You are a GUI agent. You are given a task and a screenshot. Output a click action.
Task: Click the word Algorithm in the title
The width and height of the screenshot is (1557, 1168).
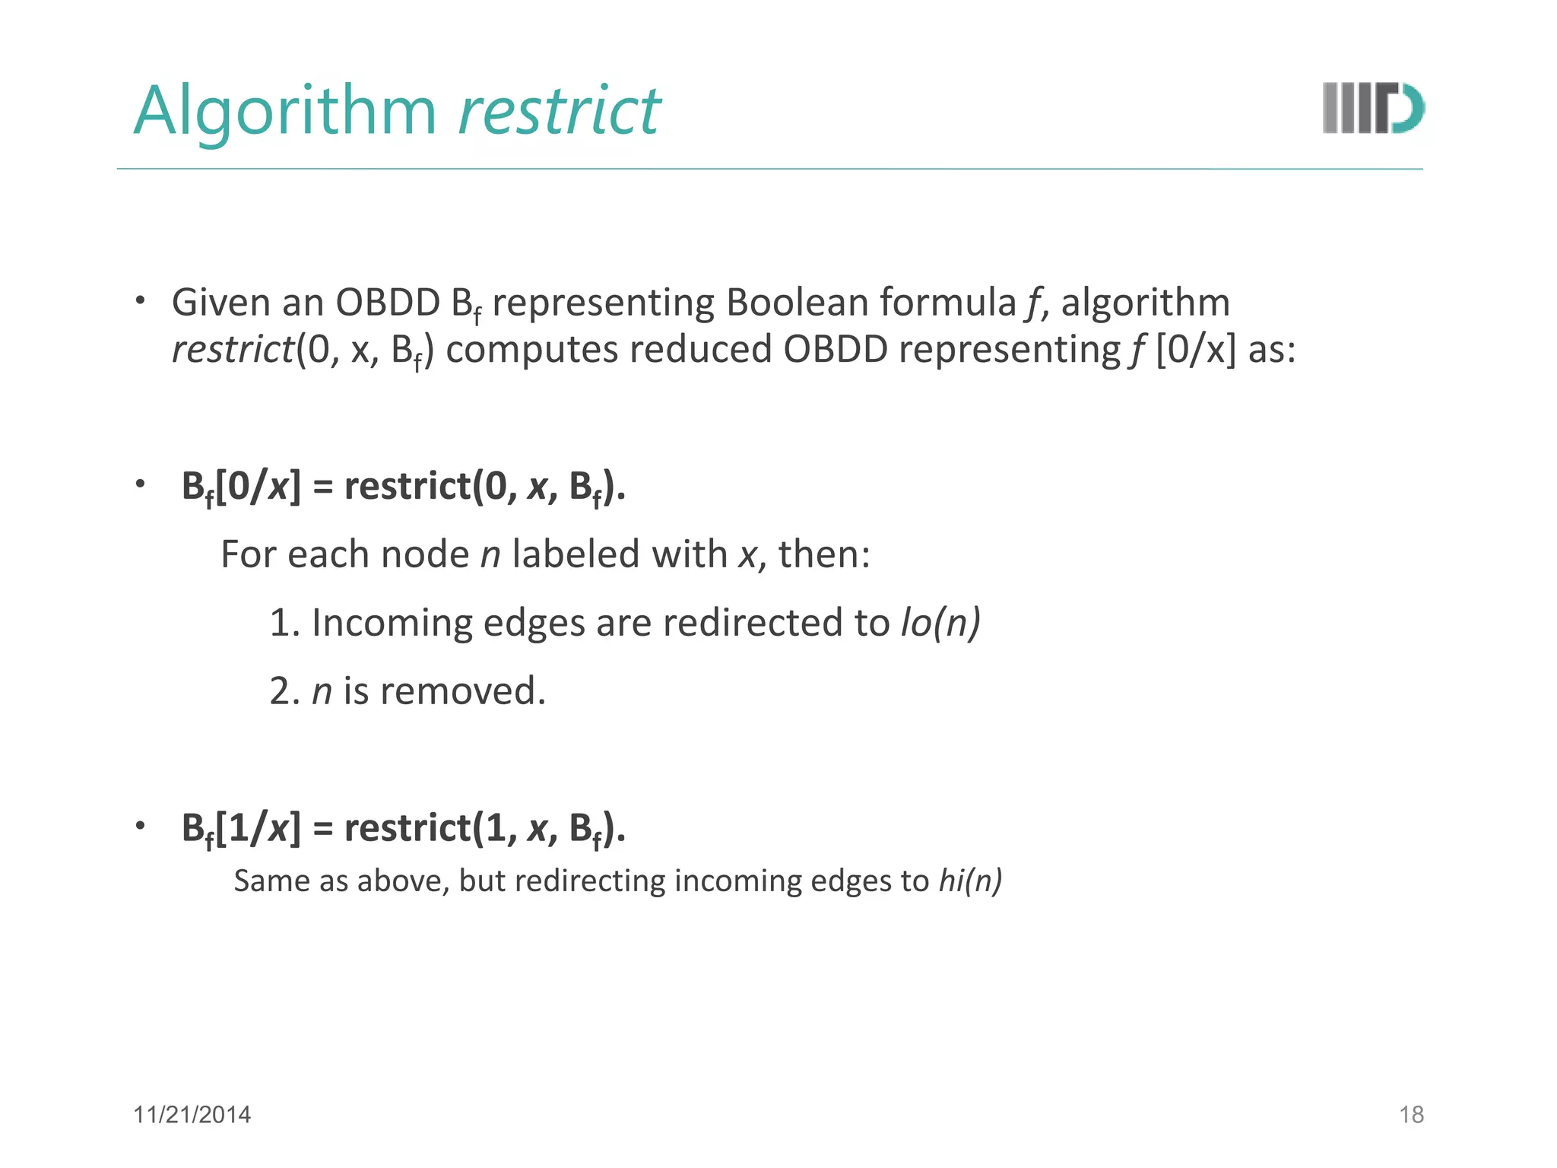pos(285,111)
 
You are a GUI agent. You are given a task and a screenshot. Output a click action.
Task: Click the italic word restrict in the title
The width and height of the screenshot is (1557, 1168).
pos(559,111)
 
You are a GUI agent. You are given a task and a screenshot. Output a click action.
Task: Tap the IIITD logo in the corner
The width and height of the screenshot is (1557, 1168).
pos(1372,109)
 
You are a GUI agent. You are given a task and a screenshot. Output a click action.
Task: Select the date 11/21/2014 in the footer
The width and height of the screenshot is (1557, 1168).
pos(192,1115)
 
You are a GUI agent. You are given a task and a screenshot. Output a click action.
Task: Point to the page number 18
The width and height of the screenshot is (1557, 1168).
pos(1411,1115)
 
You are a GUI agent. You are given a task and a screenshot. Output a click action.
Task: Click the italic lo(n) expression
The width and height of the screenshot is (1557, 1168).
pos(940,623)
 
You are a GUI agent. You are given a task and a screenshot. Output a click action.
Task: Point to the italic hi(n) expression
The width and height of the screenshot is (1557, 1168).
pos(970,881)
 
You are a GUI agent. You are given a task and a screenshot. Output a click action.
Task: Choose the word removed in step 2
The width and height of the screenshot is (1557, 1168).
pos(462,691)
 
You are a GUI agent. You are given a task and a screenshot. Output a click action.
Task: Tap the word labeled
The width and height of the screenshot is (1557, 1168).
pos(576,554)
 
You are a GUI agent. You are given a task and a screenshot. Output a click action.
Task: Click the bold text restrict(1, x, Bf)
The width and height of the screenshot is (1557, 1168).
pos(484,828)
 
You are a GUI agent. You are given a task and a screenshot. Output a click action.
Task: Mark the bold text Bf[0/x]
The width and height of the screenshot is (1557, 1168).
pos(241,487)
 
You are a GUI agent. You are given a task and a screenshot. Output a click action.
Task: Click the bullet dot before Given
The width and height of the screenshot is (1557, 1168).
pos(140,300)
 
